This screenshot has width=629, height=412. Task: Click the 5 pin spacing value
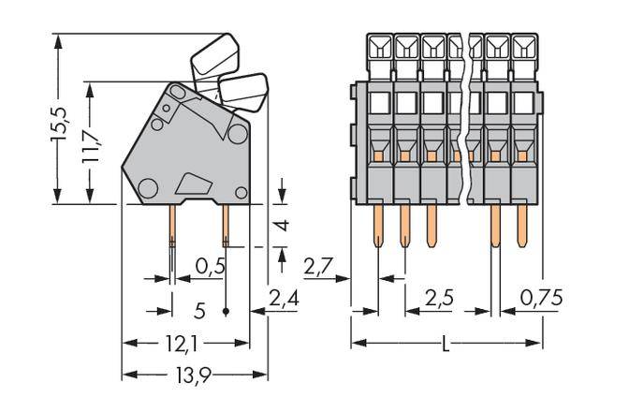click(x=198, y=308)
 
